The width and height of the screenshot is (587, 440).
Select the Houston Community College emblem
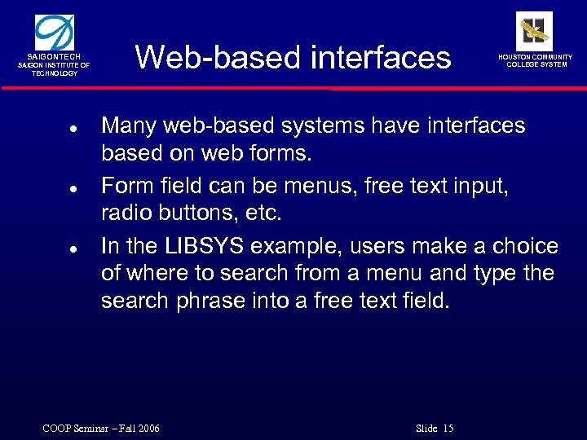[x=534, y=30]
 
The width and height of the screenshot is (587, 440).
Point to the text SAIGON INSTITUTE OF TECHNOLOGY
[x=55, y=69]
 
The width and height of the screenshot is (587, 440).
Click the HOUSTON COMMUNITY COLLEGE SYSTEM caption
[x=536, y=60]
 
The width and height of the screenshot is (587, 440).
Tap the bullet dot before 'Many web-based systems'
[x=73, y=129]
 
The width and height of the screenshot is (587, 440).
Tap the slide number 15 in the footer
[x=448, y=429]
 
